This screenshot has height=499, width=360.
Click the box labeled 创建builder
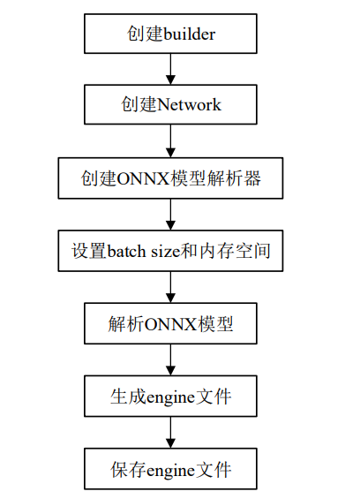171,34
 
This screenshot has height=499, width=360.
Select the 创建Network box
171,105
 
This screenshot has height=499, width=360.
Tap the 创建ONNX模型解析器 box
171,178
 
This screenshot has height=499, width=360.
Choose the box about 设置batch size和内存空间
171,251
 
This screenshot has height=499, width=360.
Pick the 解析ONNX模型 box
171,323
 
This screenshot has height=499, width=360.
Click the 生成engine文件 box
171,397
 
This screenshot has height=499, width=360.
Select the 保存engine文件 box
171,469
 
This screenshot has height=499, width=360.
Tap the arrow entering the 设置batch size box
171,215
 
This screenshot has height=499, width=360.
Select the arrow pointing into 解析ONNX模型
171,287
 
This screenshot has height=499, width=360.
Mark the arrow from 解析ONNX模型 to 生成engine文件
171,359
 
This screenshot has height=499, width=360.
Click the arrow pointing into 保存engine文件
171,433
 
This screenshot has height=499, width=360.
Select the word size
165,251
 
